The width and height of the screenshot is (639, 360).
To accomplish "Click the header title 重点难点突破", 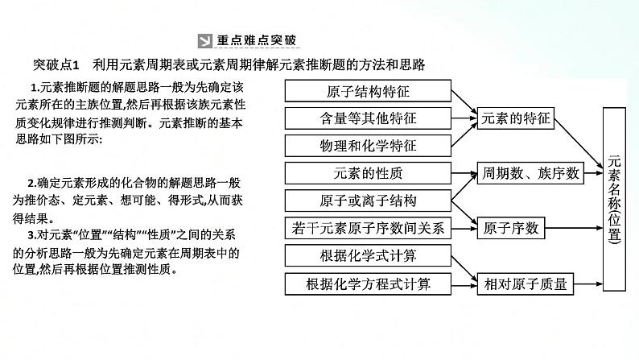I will click(x=257, y=42).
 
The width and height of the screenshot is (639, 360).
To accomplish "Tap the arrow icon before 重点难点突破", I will click(x=204, y=42).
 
